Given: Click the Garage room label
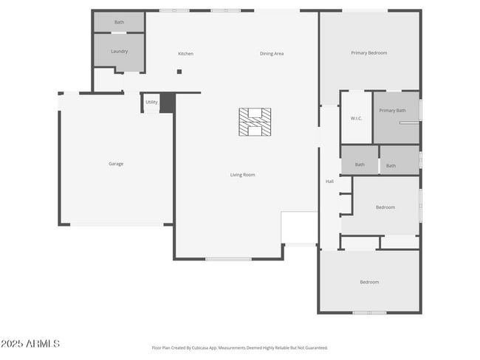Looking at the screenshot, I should coord(116,164).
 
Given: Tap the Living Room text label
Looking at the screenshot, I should coord(242,175).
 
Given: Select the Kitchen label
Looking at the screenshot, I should coord(185,54).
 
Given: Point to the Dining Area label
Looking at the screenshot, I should coord(272,54).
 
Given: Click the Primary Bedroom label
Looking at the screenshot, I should coord(368,53).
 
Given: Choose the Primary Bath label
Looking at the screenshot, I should coord(392,111).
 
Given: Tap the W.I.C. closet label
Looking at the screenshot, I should coord(355,119).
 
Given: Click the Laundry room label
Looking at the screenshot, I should coord(119,52).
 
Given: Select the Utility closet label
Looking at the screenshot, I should coord(151,102).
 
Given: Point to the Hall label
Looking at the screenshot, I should coord(330,181).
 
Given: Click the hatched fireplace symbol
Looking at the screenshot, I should coord(255,122).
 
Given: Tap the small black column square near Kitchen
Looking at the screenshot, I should coord(179,72).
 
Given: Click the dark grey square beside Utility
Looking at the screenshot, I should coord(168,103).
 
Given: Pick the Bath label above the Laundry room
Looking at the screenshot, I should coord(119,22).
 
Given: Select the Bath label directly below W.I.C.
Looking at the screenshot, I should coord(360,165).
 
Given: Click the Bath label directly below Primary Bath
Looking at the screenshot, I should coord(391,166).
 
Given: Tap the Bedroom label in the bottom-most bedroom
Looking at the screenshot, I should coord(369,283).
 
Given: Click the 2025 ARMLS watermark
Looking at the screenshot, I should coord(30,344).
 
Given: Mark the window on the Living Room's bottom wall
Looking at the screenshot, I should coord(228,259).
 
